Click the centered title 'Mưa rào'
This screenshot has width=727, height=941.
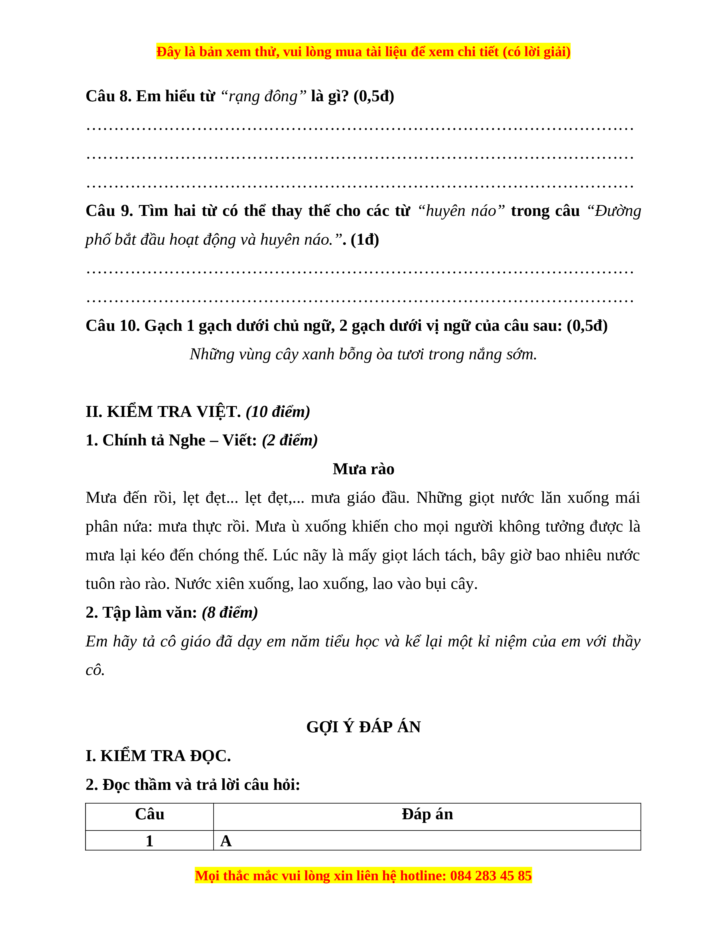click(363, 469)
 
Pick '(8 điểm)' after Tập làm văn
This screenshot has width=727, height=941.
click(230, 612)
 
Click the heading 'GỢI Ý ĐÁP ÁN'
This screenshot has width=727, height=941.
click(363, 727)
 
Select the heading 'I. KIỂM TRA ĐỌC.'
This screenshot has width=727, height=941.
click(158, 756)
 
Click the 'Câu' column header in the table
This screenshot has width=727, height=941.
click(149, 814)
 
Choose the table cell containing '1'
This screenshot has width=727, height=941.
click(149, 841)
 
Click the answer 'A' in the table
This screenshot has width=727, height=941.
click(226, 841)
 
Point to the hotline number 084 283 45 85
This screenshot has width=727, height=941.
click(491, 875)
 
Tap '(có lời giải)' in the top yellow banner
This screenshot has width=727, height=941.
click(536, 52)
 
